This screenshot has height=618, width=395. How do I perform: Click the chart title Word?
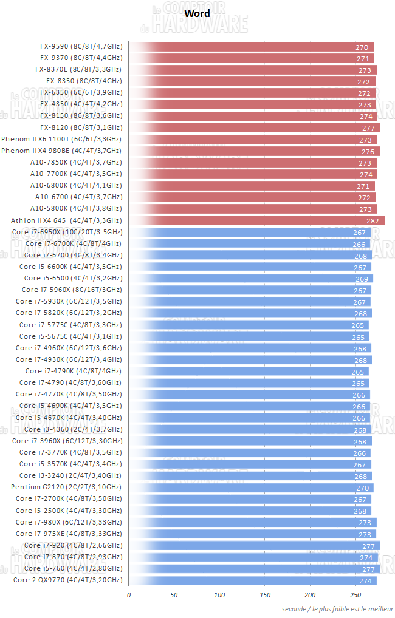(x=197, y=13)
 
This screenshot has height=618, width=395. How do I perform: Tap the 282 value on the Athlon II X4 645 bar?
(x=373, y=221)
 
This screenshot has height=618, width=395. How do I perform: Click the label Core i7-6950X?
(x=67, y=232)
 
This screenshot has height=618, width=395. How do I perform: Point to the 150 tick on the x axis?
(x=265, y=595)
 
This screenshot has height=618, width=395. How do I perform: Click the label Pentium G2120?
(x=66, y=487)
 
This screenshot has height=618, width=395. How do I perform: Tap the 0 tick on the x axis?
(x=129, y=595)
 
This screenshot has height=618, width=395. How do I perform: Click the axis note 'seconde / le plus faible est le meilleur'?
(x=337, y=608)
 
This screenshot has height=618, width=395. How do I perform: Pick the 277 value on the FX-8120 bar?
(x=368, y=128)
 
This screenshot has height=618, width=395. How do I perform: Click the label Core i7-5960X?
(x=72, y=290)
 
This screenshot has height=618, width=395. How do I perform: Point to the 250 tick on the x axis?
(x=356, y=595)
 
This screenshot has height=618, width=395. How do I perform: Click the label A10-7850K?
(x=76, y=162)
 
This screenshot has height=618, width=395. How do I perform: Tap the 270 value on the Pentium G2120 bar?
(x=362, y=487)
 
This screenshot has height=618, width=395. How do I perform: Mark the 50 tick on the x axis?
(x=174, y=595)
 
